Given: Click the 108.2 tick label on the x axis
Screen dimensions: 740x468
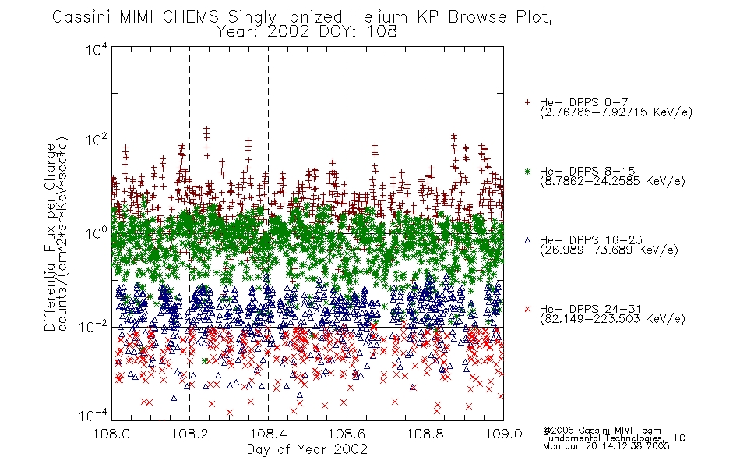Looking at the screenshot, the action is click(190, 434).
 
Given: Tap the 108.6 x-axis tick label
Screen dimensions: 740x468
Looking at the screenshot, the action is click(347, 434).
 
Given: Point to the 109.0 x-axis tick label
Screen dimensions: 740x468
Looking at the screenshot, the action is click(503, 434).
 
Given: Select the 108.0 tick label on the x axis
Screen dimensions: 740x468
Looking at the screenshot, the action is click(111, 434).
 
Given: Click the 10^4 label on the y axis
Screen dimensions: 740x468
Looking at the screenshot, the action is click(97, 49).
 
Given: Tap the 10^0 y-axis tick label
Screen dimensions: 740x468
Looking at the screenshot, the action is click(97, 233).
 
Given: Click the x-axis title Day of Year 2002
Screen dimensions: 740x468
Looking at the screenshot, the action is click(307, 449).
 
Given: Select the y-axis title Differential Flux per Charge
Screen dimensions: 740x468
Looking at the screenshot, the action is click(50, 237).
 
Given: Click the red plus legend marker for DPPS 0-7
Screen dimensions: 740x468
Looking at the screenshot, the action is click(527, 102).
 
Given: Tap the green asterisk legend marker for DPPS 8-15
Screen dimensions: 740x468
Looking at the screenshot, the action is click(527, 171).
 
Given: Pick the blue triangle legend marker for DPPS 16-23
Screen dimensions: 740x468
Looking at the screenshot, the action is click(527, 240).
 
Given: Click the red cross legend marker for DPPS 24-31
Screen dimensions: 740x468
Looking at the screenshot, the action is click(527, 309).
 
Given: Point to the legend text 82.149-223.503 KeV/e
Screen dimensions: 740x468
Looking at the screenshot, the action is click(612, 318).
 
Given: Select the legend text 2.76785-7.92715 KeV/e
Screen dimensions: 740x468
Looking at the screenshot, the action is click(616, 112).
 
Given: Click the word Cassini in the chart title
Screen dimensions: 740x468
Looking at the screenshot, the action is click(82, 17).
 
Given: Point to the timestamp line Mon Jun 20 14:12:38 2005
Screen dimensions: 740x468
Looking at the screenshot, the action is click(606, 446).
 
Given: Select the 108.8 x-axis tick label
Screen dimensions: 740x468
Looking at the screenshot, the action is click(425, 434).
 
